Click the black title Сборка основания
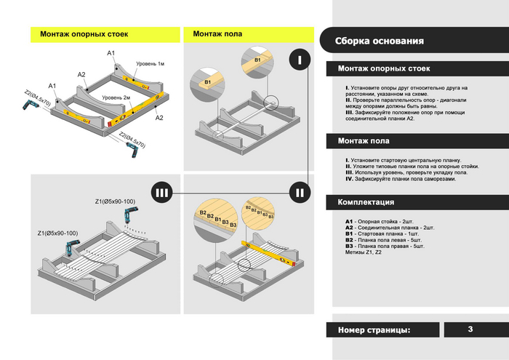(x=379, y=41)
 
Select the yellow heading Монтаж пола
(x=217, y=34)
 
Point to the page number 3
(x=470, y=329)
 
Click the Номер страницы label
(x=374, y=330)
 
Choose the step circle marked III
(x=162, y=193)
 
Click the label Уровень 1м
(x=150, y=65)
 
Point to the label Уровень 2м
(x=116, y=97)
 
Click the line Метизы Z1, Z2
(x=363, y=253)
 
